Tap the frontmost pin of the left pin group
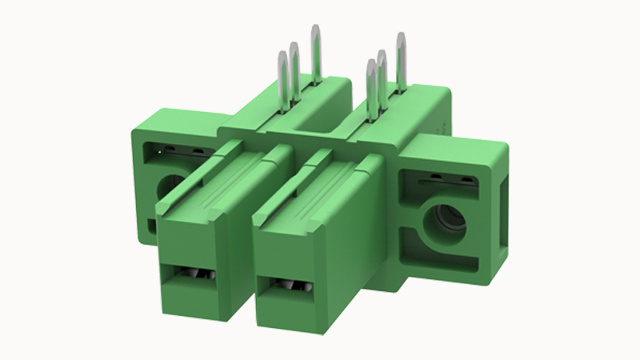pyautogui.click(x=282, y=80)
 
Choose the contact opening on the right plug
pyautogui.click(x=290, y=286)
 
